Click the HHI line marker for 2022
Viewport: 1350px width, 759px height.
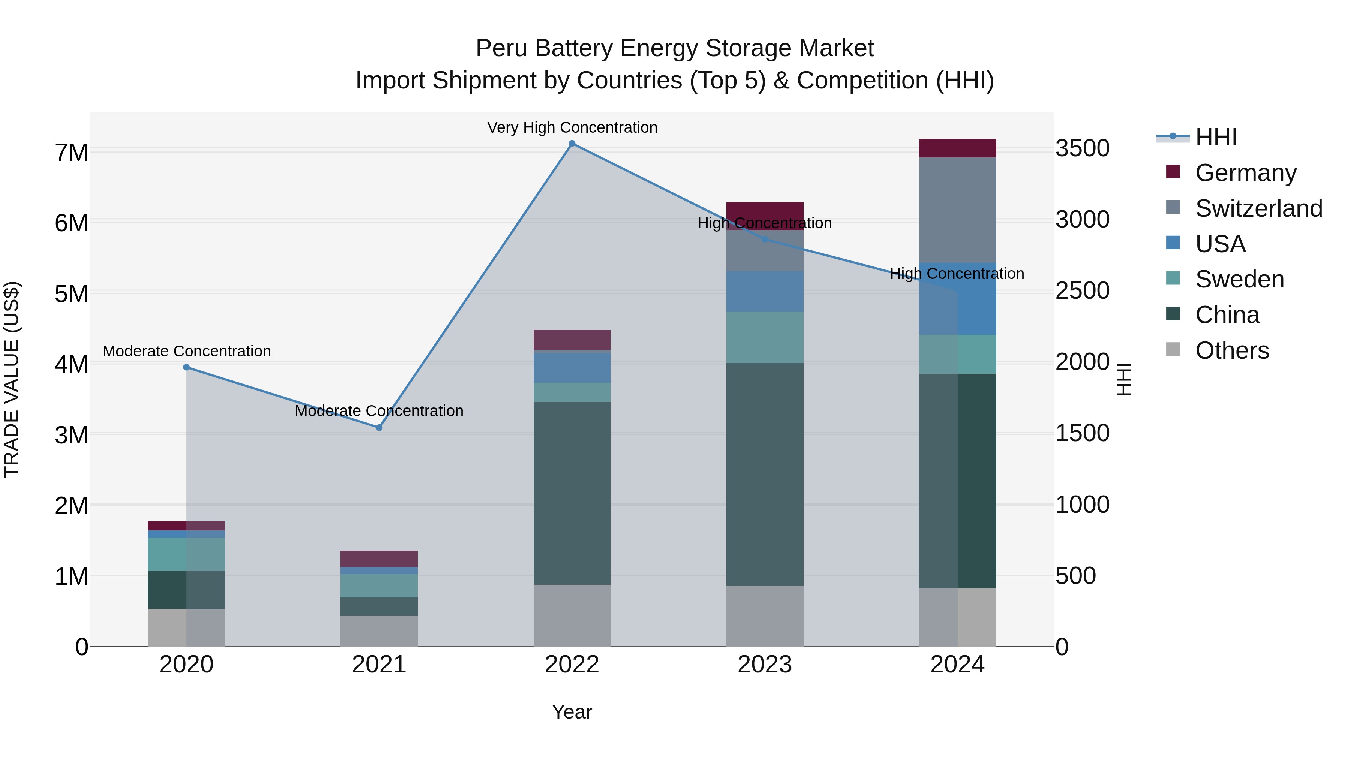pos(572,144)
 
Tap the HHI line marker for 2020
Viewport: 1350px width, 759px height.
pos(187,367)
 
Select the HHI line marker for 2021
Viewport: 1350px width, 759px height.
pos(379,427)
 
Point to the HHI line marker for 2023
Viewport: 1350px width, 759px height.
pos(765,240)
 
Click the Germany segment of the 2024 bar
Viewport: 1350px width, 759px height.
pos(957,148)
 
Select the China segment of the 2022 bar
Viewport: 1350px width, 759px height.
pos(572,493)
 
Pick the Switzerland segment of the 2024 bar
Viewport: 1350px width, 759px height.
pos(957,210)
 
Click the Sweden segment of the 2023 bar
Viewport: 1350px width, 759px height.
pos(765,337)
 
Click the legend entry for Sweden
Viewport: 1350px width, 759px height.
pos(1239,279)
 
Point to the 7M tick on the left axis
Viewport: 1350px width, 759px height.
pos(71,153)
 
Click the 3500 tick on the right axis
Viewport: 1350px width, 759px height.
pos(1082,148)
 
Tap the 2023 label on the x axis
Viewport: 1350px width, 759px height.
pos(765,665)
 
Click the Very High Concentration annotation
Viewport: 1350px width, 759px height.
pos(572,127)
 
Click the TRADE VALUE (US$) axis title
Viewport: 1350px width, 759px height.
pos(12,379)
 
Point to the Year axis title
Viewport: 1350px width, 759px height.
pos(572,712)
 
